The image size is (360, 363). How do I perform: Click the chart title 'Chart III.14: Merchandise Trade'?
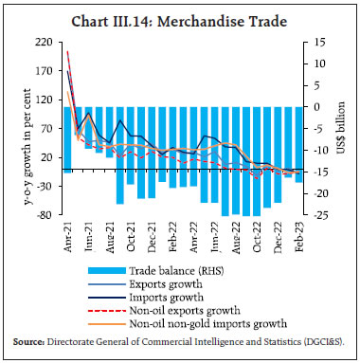point(180,13)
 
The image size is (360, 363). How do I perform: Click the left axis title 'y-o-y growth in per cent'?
point(15,129)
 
